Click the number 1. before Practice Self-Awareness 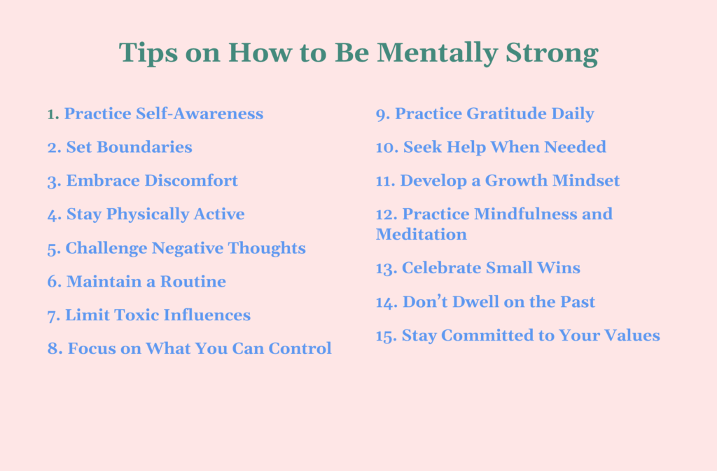53,114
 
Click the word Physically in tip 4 146,214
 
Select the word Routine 193,282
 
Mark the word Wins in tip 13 560,268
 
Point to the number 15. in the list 386,336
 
